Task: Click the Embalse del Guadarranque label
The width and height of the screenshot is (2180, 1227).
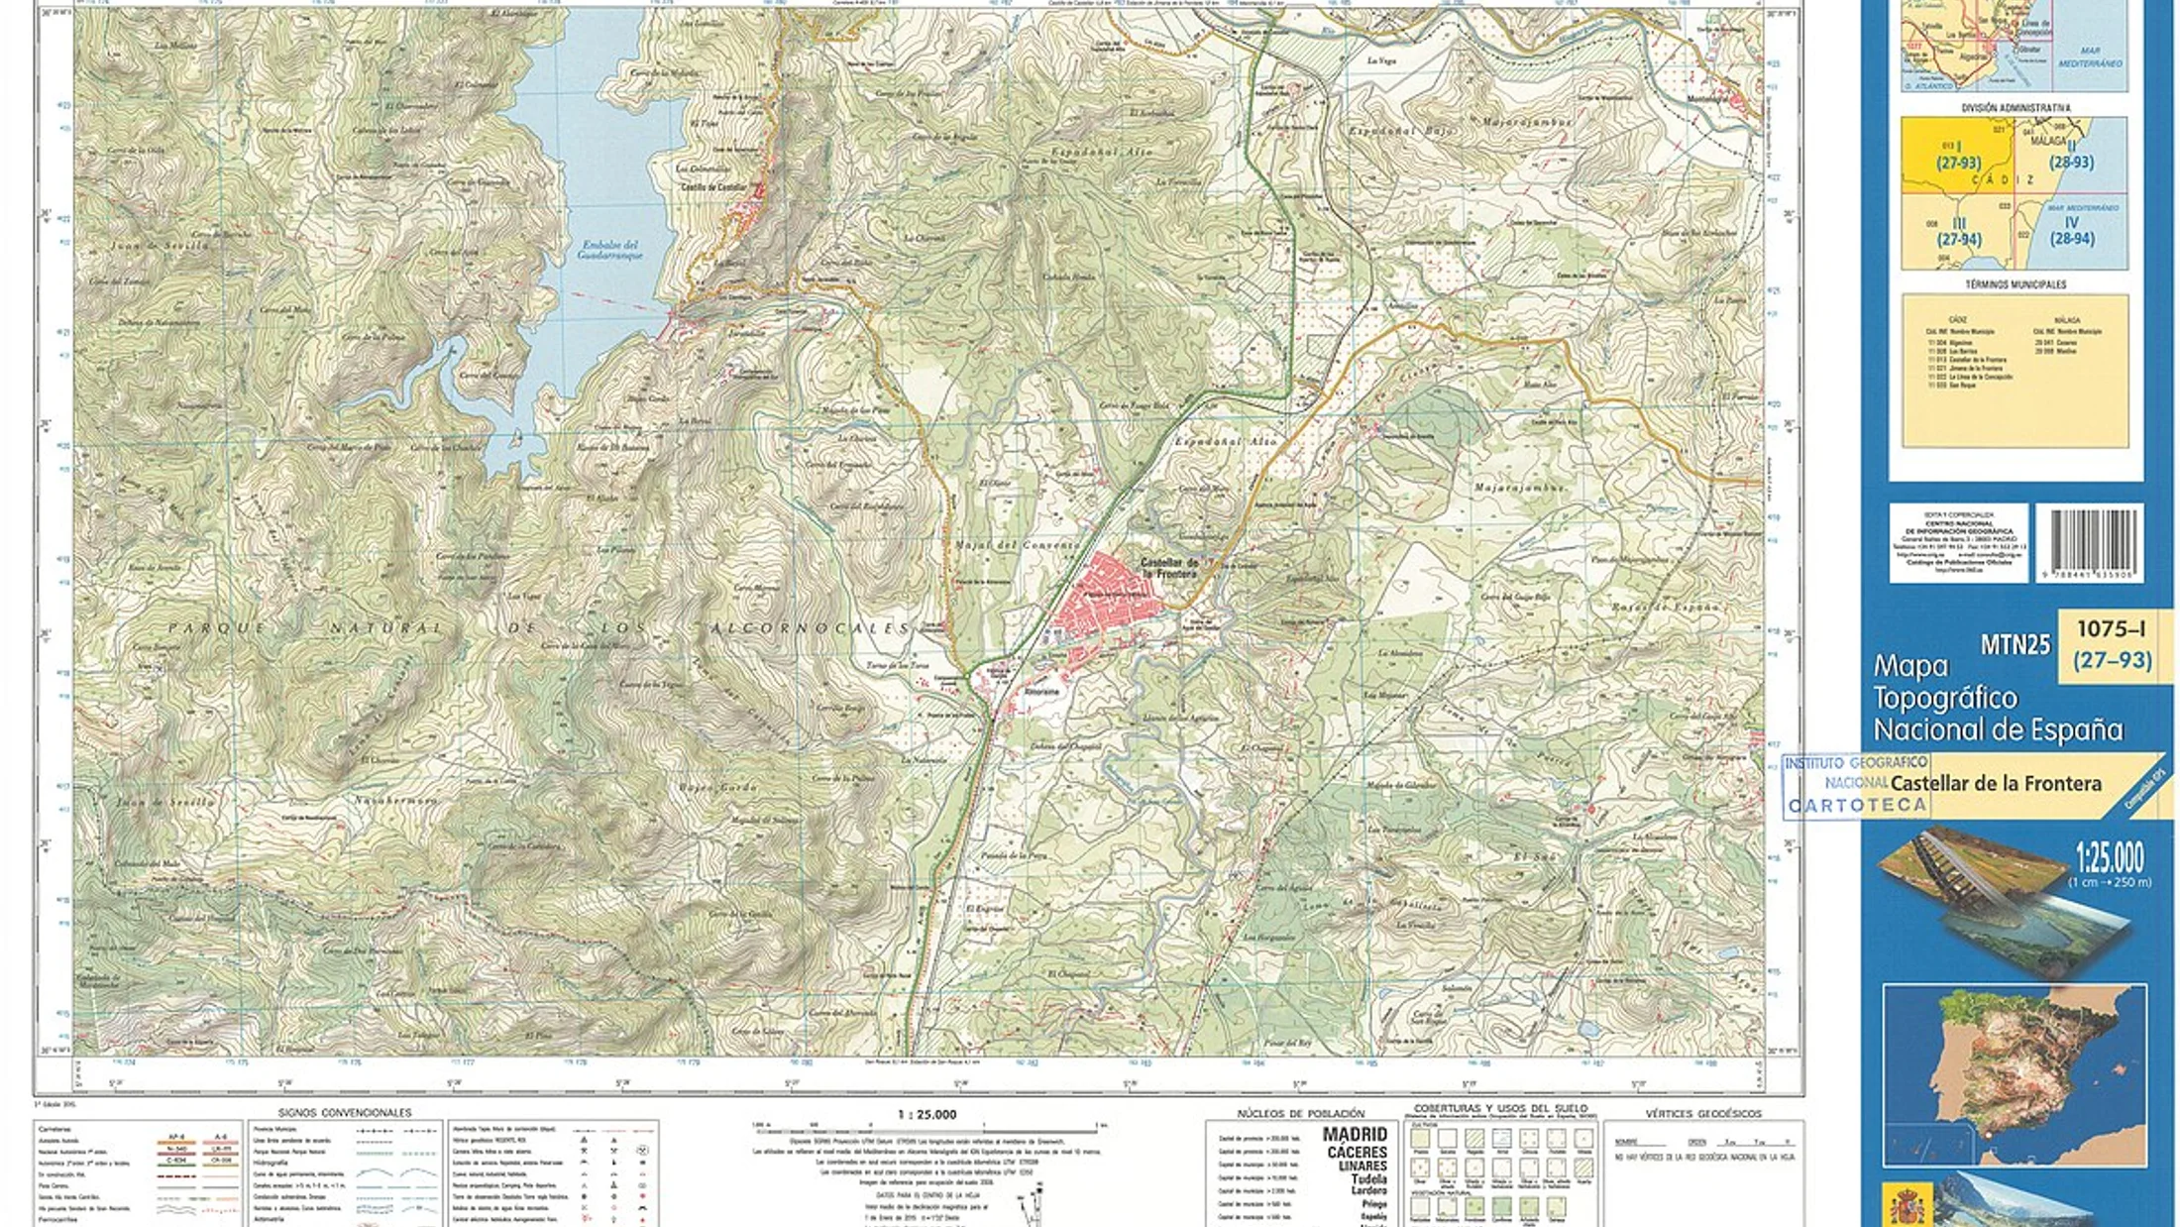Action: pyautogui.click(x=609, y=250)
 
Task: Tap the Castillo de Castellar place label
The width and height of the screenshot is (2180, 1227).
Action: pyautogui.click(x=712, y=187)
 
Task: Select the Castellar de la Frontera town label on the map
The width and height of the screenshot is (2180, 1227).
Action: pyautogui.click(x=1169, y=568)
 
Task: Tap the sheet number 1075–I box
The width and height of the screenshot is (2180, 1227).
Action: pyautogui.click(x=2112, y=644)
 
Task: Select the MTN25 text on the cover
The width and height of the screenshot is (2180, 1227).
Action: pyautogui.click(x=2015, y=645)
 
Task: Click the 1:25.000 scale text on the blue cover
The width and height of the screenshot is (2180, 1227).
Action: pyautogui.click(x=2110, y=856)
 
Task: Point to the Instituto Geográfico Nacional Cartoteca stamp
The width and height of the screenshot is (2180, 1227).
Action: pyautogui.click(x=1855, y=785)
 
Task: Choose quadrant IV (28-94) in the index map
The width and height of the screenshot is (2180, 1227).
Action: pyautogui.click(x=2071, y=231)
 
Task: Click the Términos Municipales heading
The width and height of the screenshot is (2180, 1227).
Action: pyautogui.click(x=2016, y=284)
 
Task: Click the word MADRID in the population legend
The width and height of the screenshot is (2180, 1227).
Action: pyautogui.click(x=1355, y=1135)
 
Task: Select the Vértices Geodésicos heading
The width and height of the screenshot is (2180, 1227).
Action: pyautogui.click(x=1703, y=1114)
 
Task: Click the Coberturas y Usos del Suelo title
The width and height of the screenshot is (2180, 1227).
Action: pyautogui.click(x=1500, y=1108)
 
